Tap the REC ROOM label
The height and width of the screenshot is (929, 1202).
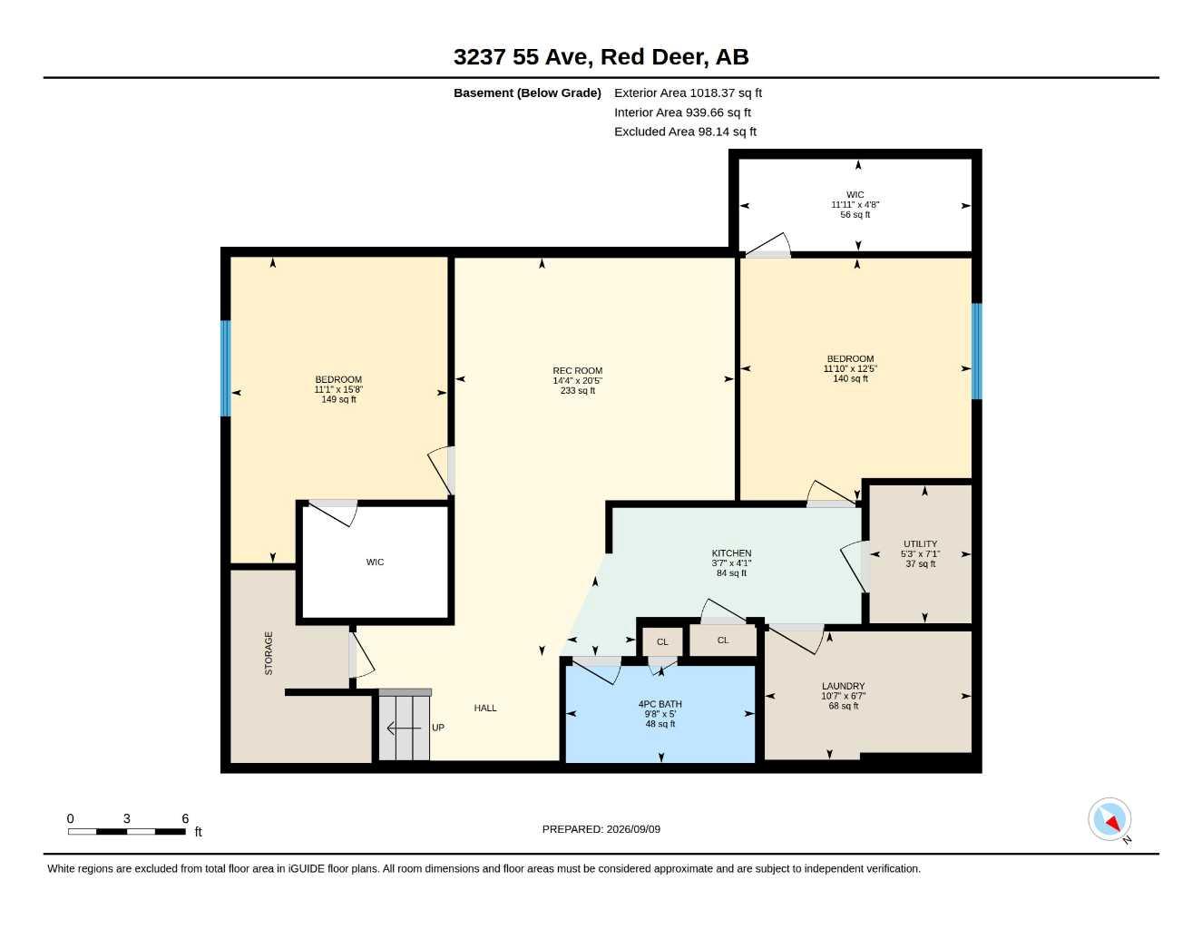tap(578, 371)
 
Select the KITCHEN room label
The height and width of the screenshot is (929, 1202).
tap(731, 553)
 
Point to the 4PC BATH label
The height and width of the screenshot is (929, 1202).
tap(660, 705)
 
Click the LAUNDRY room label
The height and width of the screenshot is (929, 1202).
tap(843, 686)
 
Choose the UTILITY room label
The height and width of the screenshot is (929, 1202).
tap(921, 544)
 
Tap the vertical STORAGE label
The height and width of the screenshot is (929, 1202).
tap(269, 653)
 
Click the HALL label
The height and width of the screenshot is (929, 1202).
tap(485, 708)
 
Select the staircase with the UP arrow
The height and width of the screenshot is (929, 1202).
tap(405, 725)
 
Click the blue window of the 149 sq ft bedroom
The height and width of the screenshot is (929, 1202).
tap(225, 368)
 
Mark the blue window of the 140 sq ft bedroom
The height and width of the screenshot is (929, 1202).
tap(977, 351)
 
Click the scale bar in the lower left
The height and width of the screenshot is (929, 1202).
tap(127, 831)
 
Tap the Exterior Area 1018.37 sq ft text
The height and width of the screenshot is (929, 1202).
tap(689, 93)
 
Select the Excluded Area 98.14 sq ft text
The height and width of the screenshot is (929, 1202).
tap(685, 132)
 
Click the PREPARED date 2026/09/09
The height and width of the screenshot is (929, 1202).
tap(601, 829)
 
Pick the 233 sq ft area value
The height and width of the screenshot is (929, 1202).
tap(578, 390)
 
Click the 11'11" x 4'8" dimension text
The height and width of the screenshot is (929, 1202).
tap(855, 205)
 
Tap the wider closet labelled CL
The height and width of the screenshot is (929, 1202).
tap(723, 641)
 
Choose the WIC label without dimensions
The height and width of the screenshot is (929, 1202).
tap(375, 562)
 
